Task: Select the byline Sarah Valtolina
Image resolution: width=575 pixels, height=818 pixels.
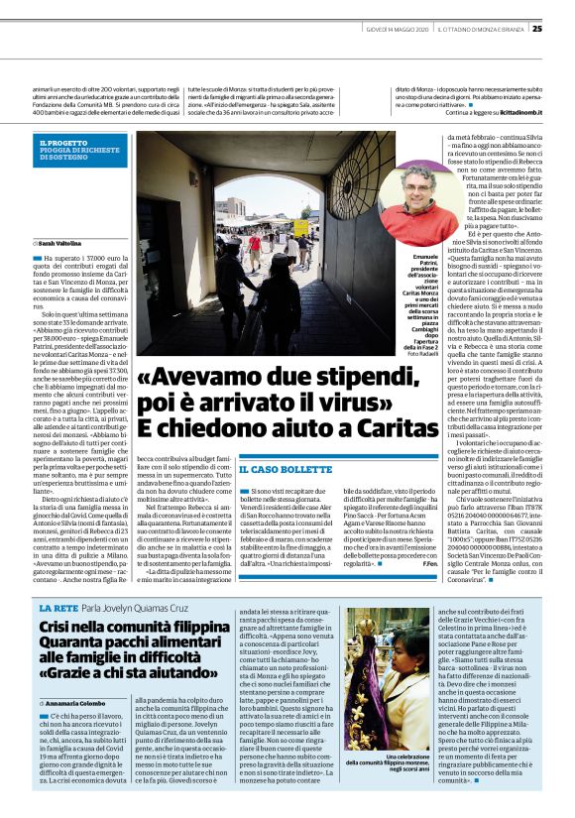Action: tap(60, 241)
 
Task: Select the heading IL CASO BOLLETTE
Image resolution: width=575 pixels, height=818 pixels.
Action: tap(278, 469)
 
